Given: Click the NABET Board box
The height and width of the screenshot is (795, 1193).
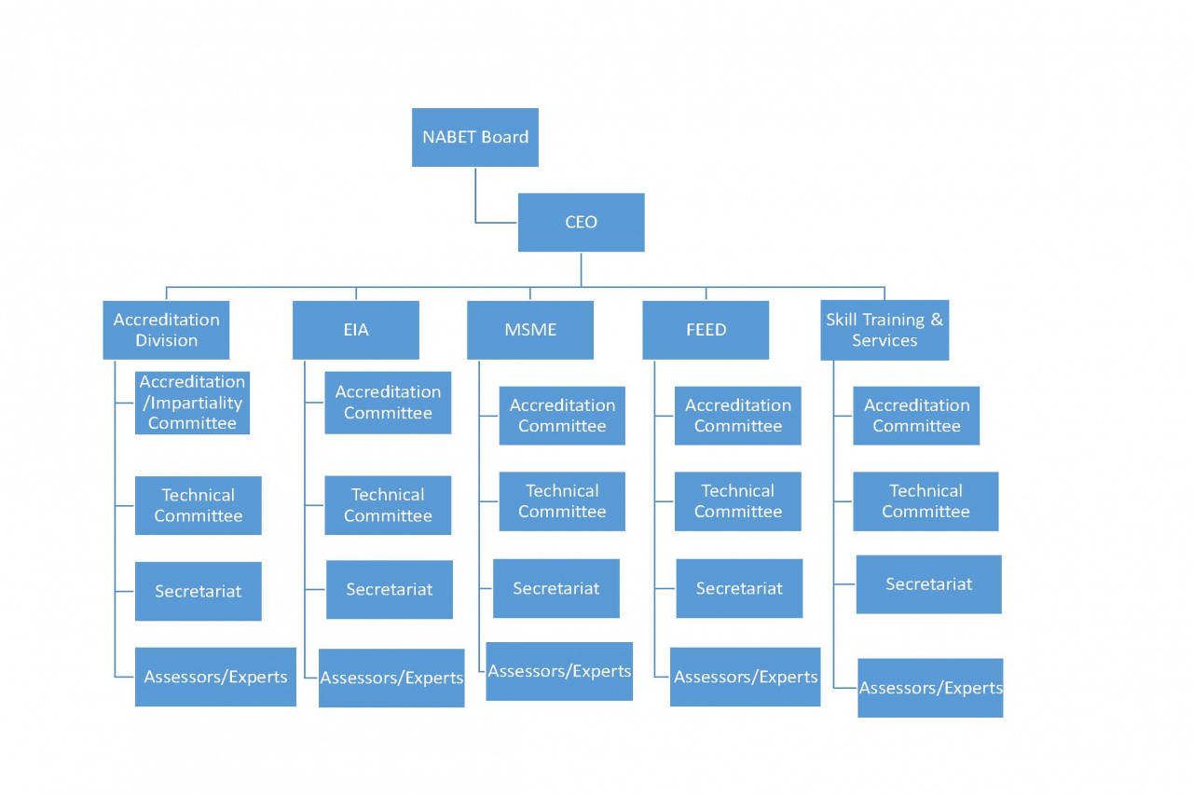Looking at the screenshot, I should pyautogui.click(x=474, y=137).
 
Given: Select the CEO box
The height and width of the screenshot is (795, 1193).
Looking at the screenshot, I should pyautogui.click(x=581, y=222).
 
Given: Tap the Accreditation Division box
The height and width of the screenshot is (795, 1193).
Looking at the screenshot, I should pyautogui.click(x=166, y=330).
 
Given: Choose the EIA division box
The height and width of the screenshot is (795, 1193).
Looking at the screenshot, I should pyautogui.click(x=355, y=330).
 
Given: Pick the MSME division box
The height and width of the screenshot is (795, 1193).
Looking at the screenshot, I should pyautogui.click(x=529, y=330).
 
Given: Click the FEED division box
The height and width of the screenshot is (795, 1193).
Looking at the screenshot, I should pyautogui.click(x=706, y=330).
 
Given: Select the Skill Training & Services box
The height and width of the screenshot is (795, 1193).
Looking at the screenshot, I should pyautogui.click(x=884, y=330).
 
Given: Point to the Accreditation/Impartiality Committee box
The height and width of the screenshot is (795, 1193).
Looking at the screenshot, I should pyautogui.click(x=192, y=403).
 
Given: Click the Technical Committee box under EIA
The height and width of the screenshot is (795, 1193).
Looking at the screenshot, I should pyautogui.click(x=388, y=505).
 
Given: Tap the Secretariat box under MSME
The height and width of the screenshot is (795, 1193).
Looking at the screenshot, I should pyautogui.click(x=555, y=588).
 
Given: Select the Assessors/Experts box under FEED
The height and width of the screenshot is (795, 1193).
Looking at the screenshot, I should pyautogui.click(x=745, y=677).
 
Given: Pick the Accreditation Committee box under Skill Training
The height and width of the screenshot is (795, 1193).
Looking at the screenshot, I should pyautogui.click(x=916, y=416).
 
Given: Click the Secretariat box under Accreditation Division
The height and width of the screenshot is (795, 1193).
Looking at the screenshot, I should pyautogui.click(x=198, y=591).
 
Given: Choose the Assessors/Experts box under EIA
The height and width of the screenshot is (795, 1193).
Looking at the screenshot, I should pyautogui.click(x=391, y=678).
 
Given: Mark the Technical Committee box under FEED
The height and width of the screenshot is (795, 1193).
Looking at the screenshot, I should pyautogui.click(x=737, y=501).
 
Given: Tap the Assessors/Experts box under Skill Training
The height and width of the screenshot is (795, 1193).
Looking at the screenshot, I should pyautogui.click(x=930, y=688).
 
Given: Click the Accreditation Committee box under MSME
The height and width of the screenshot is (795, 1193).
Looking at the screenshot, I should pyautogui.click(x=562, y=416).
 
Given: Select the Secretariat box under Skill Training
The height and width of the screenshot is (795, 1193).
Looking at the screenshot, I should pyautogui.click(x=928, y=584).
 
